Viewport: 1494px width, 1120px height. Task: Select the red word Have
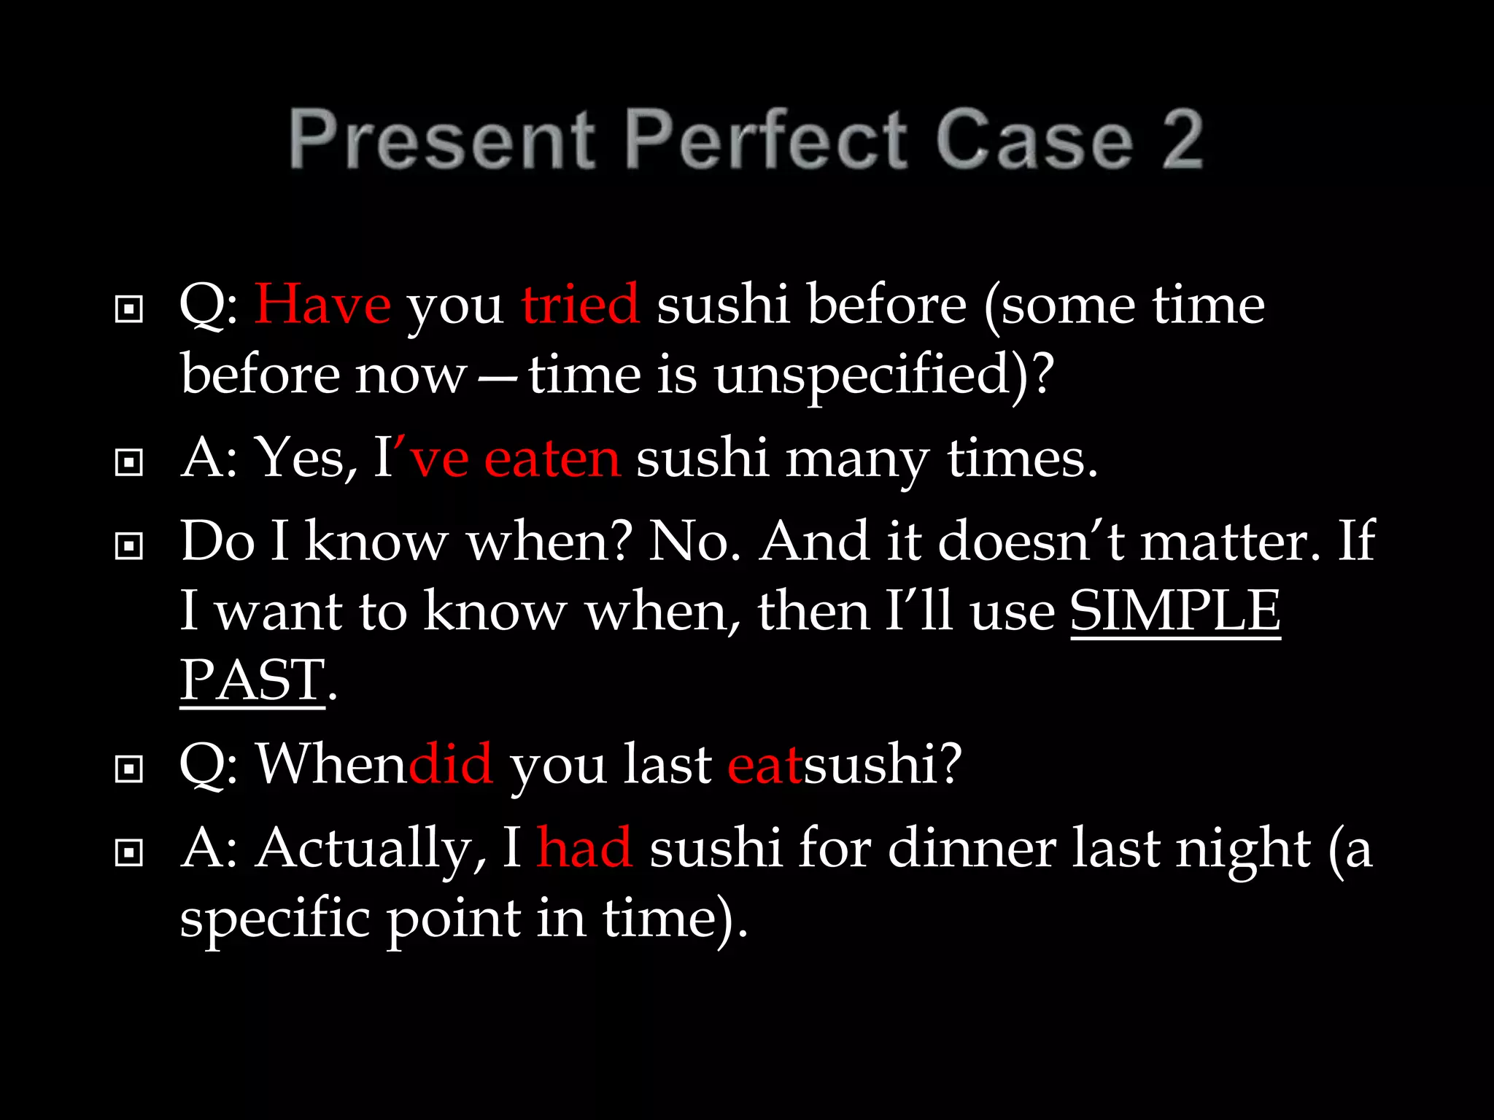click(322, 304)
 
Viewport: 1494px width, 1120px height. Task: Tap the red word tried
click(580, 304)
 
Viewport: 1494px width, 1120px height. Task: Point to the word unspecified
click(871, 376)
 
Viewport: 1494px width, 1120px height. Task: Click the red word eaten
click(552, 459)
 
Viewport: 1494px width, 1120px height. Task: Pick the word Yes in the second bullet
click(305, 459)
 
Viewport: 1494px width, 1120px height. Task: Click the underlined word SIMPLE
click(1175, 611)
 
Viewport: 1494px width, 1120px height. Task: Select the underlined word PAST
click(252, 680)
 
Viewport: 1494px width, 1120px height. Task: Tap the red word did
click(451, 765)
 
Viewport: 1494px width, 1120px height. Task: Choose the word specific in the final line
click(274, 919)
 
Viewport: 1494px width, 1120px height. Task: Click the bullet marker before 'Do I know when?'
click(129, 545)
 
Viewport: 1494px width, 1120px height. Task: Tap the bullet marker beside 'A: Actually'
click(129, 852)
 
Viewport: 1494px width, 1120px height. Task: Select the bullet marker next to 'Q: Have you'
click(129, 309)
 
